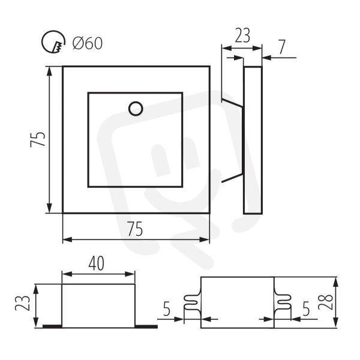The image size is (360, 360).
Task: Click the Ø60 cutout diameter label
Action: [x=88, y=43]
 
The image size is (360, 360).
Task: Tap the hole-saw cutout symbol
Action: [x=53, y=41]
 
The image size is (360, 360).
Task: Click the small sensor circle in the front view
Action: [x=136, y=109]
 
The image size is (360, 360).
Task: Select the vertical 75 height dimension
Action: [x=38, y=139]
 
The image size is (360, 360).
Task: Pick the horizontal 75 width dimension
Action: [x=135, y=229]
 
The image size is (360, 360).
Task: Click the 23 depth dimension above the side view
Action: [x=242, y=35]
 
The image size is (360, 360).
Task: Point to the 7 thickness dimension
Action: [x=282, y=47]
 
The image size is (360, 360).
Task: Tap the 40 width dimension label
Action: [x=96, y=263]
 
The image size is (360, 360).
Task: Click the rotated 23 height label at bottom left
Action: [x=23, y=302]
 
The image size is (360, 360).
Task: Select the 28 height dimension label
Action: [x=325, y=302]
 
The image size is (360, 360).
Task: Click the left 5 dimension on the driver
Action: [x=167, y=308]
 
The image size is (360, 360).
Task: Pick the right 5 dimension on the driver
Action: [x=306, y=308]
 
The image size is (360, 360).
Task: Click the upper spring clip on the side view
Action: [x=232, y=103]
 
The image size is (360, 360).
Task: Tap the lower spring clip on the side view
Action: [x=232, y=178]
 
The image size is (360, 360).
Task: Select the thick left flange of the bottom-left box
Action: [x=52, y=326]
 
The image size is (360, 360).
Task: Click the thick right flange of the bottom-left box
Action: [x=146, y=326]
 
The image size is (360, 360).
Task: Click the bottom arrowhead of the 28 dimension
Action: [x=335, y=323]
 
